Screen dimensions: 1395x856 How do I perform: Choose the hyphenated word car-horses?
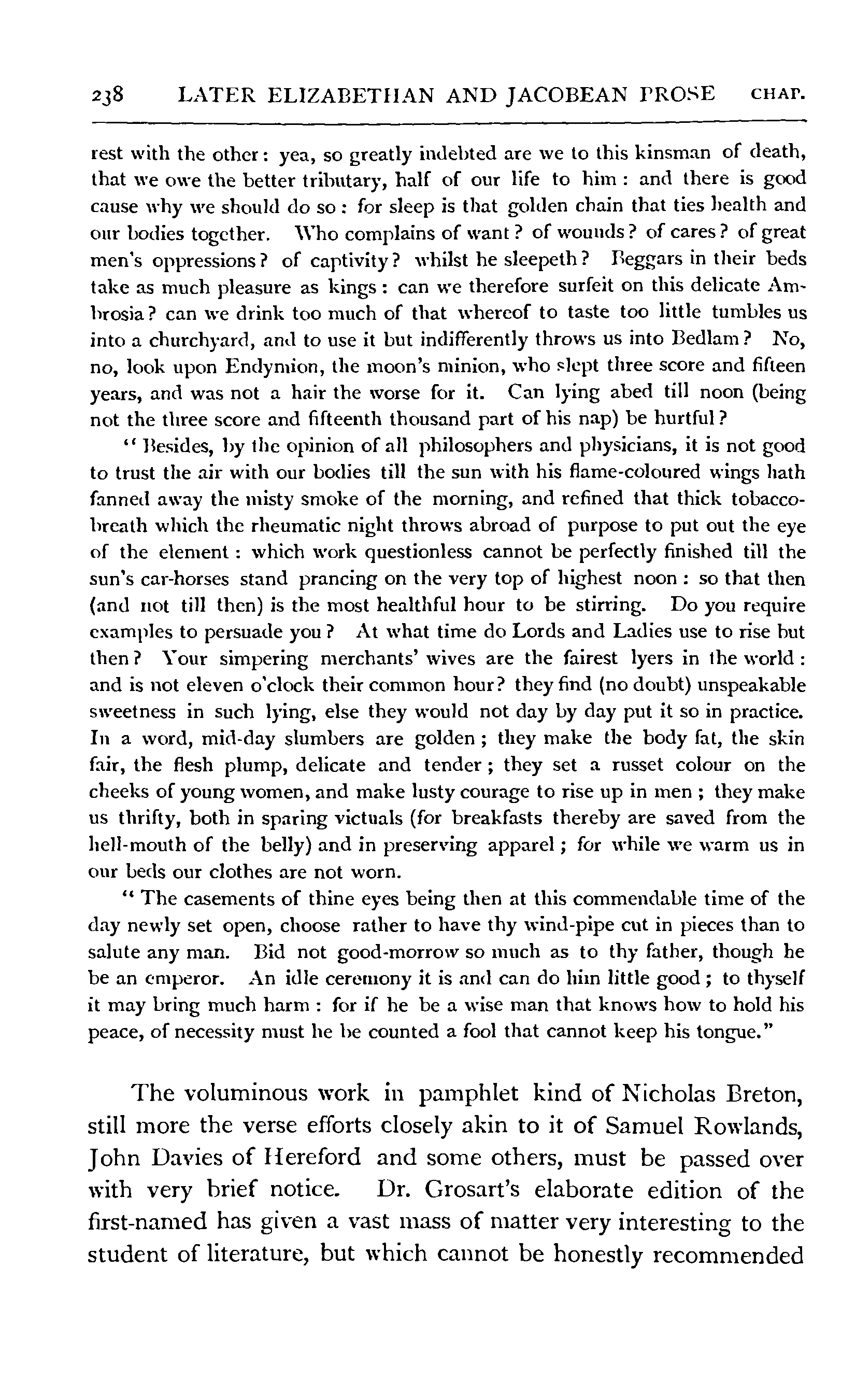[159, 580]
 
